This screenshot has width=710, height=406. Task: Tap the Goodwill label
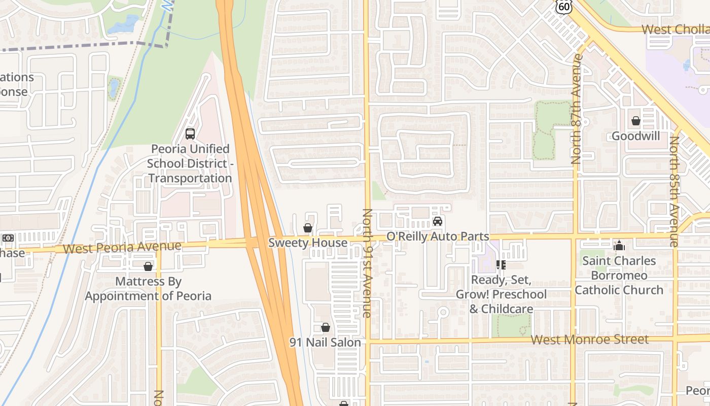click(x=635, y=136)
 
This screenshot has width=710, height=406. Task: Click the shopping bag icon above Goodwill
click(x=635, y=121)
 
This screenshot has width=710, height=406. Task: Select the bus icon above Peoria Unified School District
click(x=190, y=134)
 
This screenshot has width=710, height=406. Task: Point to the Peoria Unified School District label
click(x=190, y=163)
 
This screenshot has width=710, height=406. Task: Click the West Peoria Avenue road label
click(x=123, y=247)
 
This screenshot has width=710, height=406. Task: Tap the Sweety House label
click(x=308, y=243)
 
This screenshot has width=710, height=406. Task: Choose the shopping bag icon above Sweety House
click(x=308, y=228)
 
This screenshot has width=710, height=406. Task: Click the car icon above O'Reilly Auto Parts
click(x=438, y=221)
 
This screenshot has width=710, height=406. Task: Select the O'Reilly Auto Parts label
click(x=438, y=236)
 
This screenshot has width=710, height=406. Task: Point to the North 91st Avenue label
click(x=367, y=263)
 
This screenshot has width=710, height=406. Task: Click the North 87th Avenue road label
click(x=576, y=109)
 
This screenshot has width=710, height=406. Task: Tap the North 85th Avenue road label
click(x=674, y=191)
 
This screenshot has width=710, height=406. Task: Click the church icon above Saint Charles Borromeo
click(x=619, y=246)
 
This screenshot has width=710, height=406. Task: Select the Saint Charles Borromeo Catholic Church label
click(x=619, y=276)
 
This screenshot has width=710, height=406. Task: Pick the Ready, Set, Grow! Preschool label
click(x=501, y=294)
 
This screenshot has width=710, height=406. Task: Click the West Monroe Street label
click(x=589, y=339)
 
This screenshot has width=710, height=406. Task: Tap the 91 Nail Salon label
click(x=325, y=343)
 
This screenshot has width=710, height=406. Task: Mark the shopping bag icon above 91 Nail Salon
click(x=325, y=328)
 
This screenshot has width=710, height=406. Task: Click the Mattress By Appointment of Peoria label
click(x=148, y=288)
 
